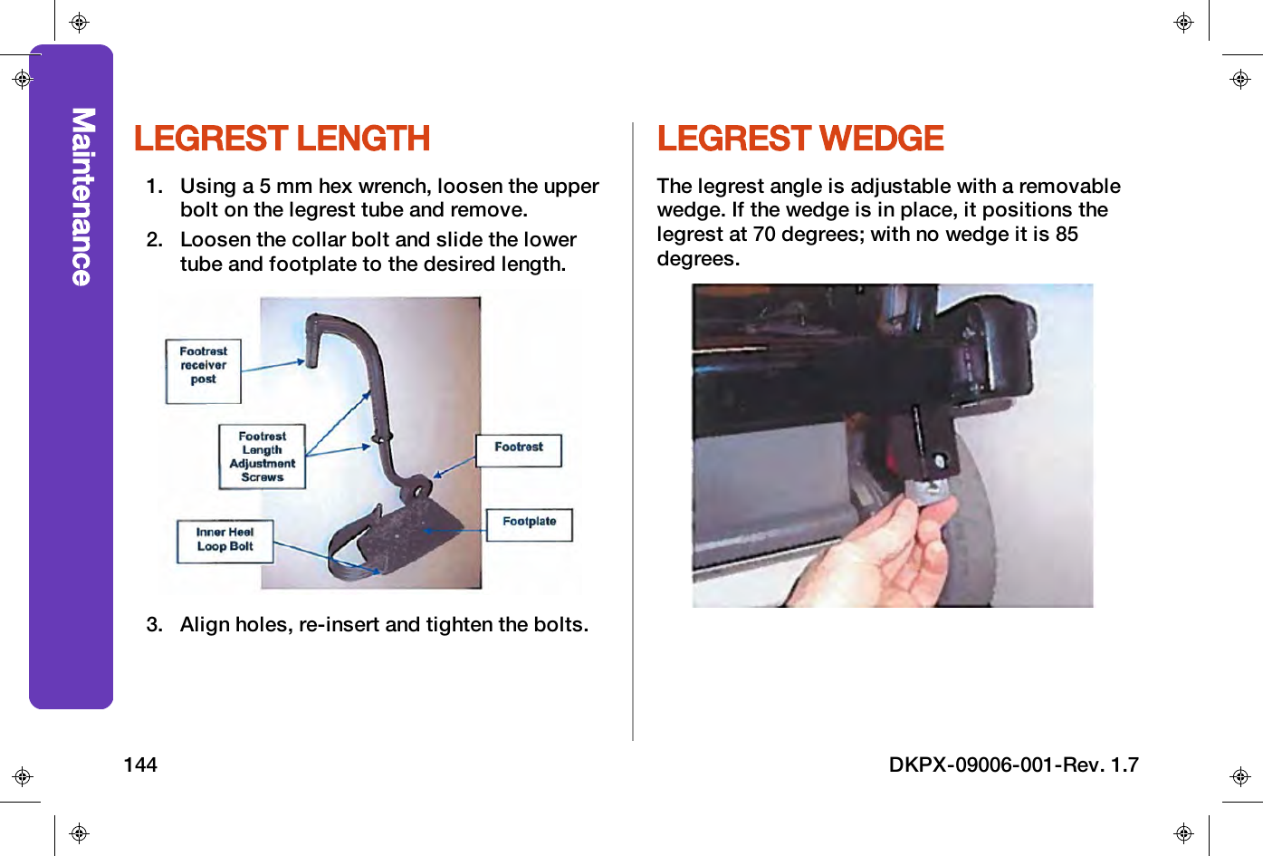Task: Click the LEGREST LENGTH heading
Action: click(282, 139)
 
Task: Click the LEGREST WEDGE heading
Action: click(800, 139)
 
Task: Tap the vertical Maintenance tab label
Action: click(82, 197)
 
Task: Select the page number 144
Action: click(140, 765)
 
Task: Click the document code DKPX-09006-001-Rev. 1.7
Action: click(1013, 765)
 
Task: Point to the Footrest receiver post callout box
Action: click(204, 370)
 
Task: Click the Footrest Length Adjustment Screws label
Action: click(263, 457)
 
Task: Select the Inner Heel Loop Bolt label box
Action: click(225, 540)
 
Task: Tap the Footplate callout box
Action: click(530, 524)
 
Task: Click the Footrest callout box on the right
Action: click(519, 449)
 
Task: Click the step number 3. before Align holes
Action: click(155, 625)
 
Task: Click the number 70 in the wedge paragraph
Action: click(764, 235)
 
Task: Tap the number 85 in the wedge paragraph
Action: click(1067, 235)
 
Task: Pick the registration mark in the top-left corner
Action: click(79, 23)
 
